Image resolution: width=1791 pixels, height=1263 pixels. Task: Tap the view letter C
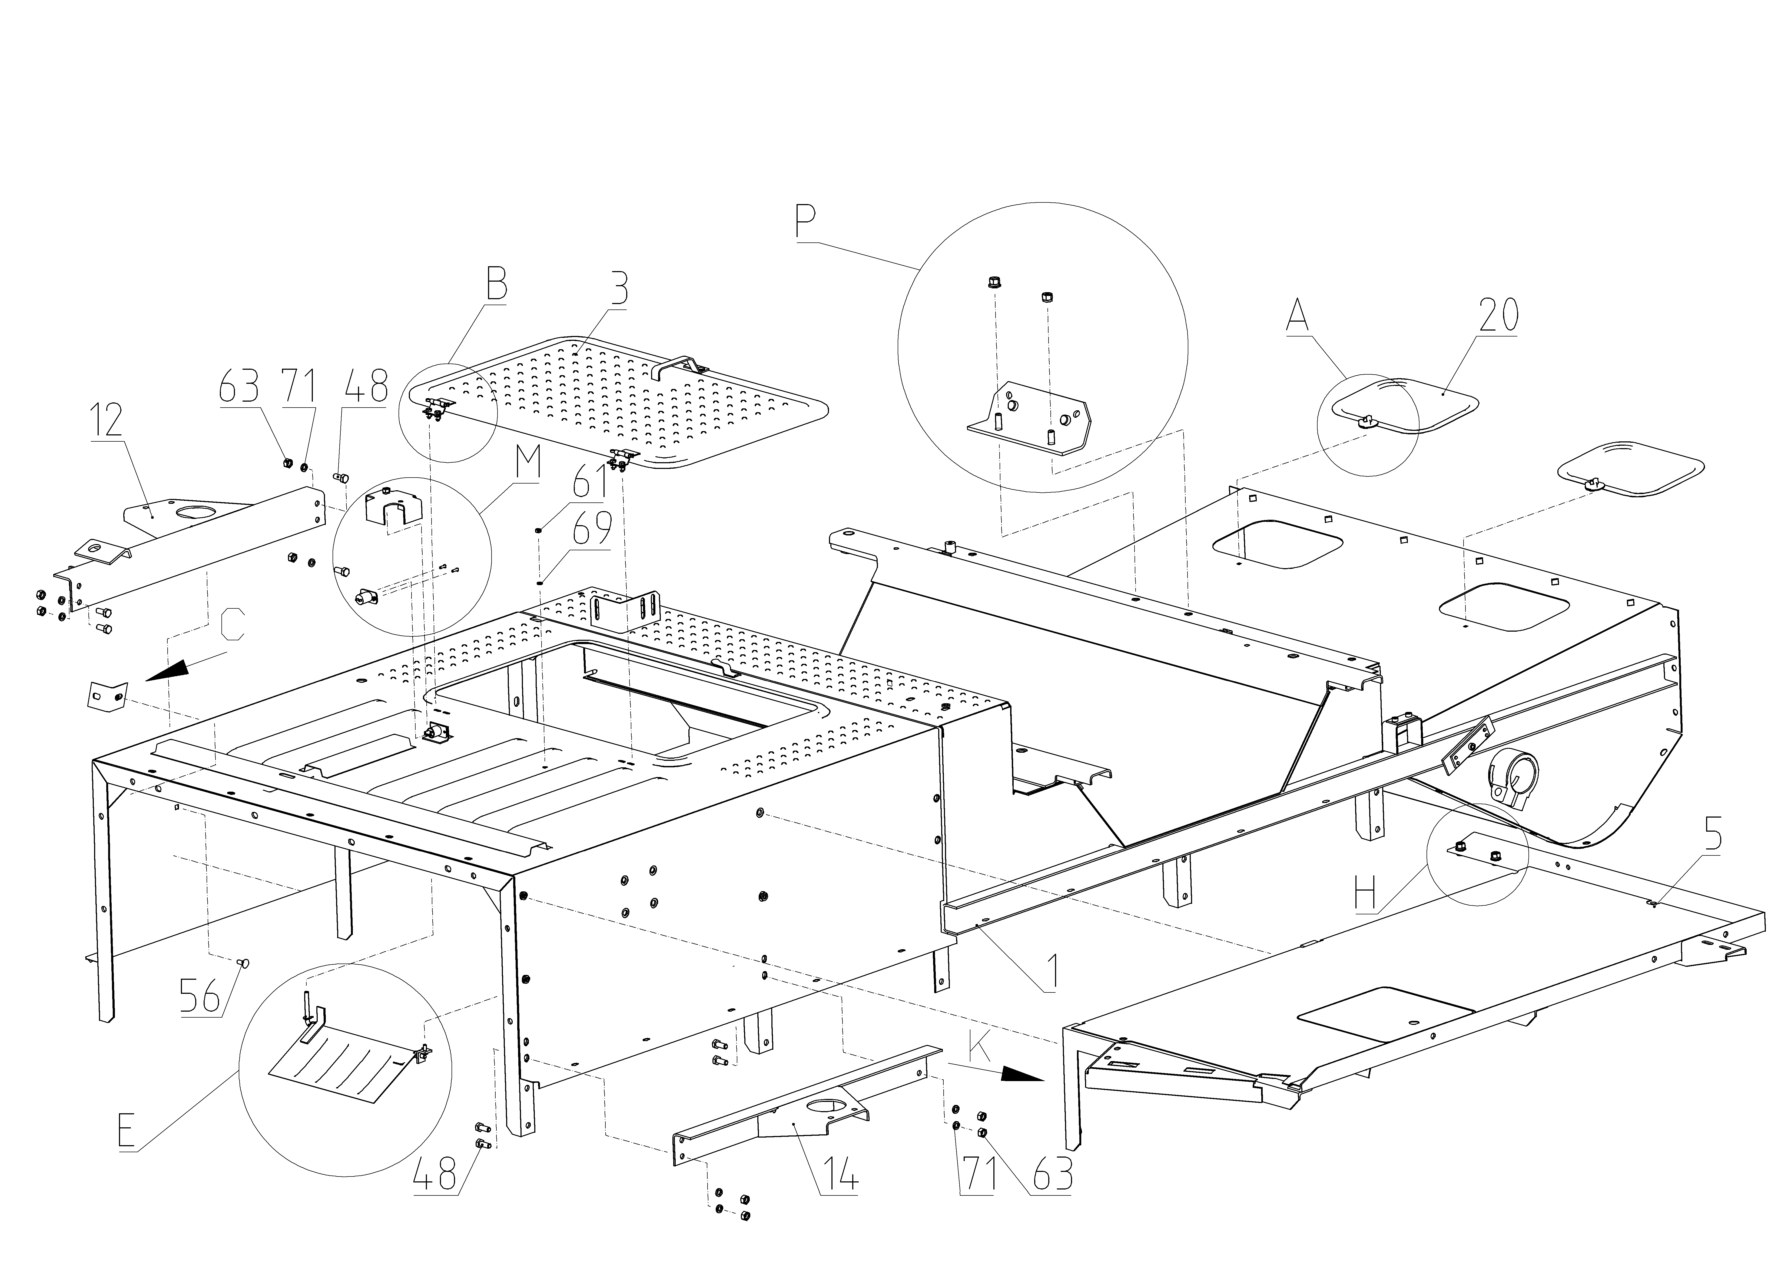(233, 624)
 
